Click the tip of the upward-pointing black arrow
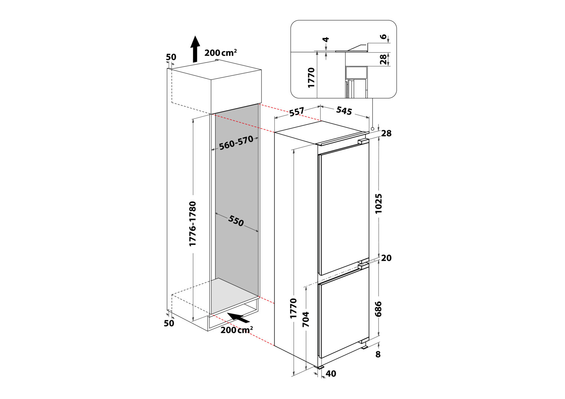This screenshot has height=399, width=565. pos(195,36)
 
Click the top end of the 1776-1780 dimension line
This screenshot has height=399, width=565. pos(193,119)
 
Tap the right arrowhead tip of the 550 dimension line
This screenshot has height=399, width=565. pos(258,232)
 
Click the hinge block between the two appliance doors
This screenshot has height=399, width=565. pos(363,266)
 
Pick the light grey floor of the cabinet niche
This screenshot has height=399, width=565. pos(235,295)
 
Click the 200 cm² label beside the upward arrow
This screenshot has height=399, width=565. pos(221,52)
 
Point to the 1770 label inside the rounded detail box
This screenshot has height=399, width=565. pos(311,78)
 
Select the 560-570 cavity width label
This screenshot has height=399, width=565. pos(236,143)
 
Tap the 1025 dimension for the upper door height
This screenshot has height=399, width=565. pos(378,203)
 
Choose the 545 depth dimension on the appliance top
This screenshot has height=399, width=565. pos(344,111)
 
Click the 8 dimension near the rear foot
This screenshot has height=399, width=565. pos(378,354)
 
